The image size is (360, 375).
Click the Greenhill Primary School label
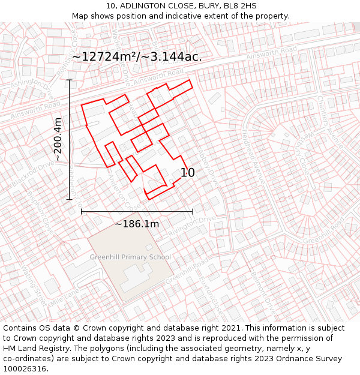point(130,257)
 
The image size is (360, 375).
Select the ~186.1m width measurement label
point(137,224)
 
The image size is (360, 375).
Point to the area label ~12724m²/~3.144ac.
point(137,56)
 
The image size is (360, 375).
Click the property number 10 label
point(187,173)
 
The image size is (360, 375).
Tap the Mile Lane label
point(65,296)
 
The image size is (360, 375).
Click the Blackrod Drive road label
point(35,173)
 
